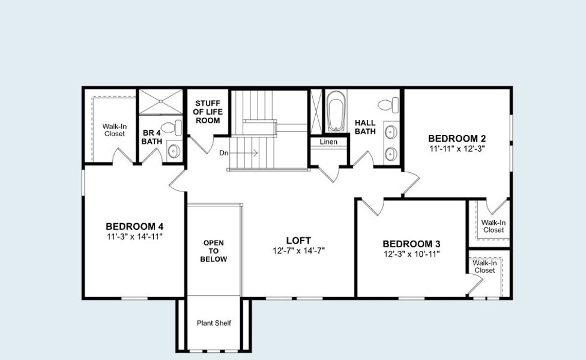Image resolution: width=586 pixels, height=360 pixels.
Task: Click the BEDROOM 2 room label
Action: point(456,138)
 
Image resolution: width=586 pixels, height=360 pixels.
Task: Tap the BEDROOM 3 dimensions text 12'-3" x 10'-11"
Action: point(411,254)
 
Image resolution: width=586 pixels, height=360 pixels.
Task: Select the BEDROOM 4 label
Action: point(134,226)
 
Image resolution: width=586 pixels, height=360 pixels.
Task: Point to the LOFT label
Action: point(298,240)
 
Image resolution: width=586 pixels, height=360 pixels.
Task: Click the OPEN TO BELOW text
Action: point(214,251)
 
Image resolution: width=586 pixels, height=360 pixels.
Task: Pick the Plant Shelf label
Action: point(214,323)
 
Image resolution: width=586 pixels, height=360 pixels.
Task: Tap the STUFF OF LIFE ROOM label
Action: point(207,112)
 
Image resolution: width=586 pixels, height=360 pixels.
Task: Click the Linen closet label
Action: point(328,142)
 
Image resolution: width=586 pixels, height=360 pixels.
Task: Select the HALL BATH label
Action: point(365,127)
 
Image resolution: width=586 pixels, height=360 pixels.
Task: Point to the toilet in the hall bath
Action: point(391,104)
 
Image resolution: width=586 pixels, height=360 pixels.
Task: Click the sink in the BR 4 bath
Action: point(173,151)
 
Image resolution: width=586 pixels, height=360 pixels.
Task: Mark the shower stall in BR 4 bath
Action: point(160,101)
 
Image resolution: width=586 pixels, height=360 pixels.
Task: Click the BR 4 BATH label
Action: point(151,137)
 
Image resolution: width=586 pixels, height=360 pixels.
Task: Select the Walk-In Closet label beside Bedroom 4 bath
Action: point(114,130)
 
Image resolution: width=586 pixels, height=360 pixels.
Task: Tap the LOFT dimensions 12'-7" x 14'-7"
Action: point(298,250)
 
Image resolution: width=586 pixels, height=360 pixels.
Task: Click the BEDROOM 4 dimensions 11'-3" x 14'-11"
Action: point(134,236)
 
